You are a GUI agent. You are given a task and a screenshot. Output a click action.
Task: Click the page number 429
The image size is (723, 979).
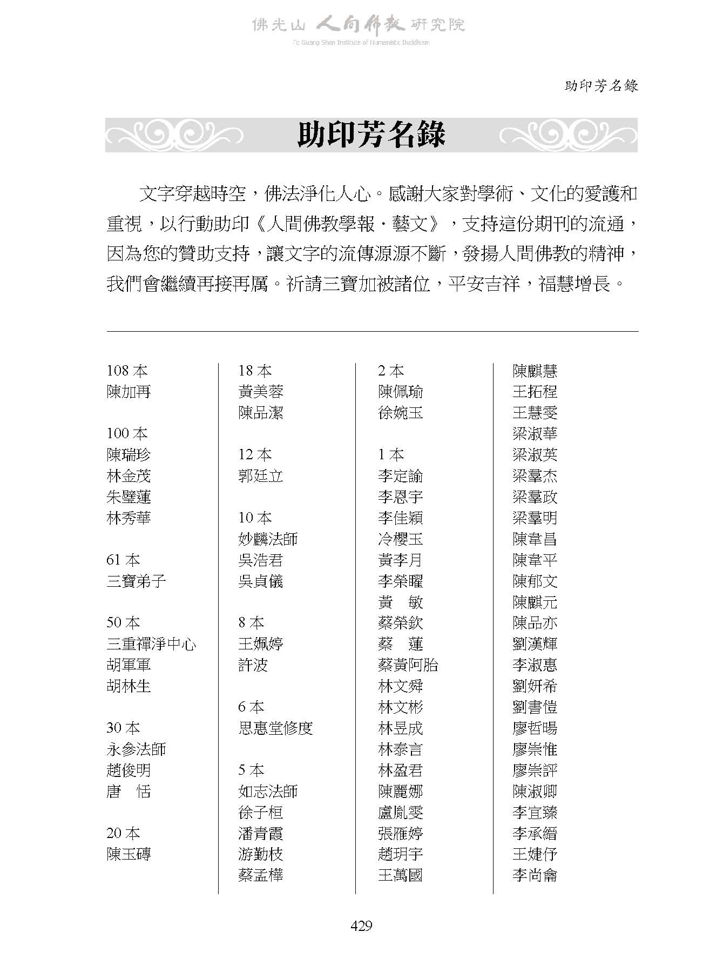[x=361, y=926]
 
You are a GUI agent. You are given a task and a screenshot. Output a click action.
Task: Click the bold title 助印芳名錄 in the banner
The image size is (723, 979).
[x=371, y=135]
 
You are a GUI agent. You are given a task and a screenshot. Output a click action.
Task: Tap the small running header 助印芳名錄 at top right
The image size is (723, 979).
[x=601, y=86]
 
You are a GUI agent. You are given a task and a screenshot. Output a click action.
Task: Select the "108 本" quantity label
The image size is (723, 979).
[x=127, y=371]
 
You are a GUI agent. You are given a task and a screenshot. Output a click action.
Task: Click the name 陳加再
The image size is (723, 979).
[x=129, y=392]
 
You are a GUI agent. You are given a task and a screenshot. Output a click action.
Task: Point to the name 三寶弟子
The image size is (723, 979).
[x=136, y=581]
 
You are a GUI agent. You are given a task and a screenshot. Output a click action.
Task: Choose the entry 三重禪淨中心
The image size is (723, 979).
[x=151, y=644]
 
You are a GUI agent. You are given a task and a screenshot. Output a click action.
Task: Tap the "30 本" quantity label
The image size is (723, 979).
[x=123, y=728]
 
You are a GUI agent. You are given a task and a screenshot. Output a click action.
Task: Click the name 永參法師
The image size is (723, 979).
[x=136, y=749]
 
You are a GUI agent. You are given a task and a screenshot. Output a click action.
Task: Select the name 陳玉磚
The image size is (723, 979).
[x=129, y=854]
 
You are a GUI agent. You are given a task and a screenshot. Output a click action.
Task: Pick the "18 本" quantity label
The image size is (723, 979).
[x=255, y=371]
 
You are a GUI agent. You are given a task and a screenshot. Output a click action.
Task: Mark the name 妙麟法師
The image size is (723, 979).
[x=268, y=539]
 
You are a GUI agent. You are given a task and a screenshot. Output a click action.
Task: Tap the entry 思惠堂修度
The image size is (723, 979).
[x=275, y=728]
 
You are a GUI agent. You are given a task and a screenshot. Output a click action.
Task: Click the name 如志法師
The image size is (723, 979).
[x=268, y=792]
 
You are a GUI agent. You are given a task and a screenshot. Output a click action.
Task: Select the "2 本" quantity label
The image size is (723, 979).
[x=391, y=371]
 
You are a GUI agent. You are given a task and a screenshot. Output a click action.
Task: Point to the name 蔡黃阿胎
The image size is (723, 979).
[x=408, y=665]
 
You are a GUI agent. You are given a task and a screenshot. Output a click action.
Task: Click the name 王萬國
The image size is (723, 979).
[x=400, y=875]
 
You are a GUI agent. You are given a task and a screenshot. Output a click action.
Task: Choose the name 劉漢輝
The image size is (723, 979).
[x=535, y=644]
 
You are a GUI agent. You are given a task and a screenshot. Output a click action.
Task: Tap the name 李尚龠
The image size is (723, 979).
[x=535, y=875]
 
